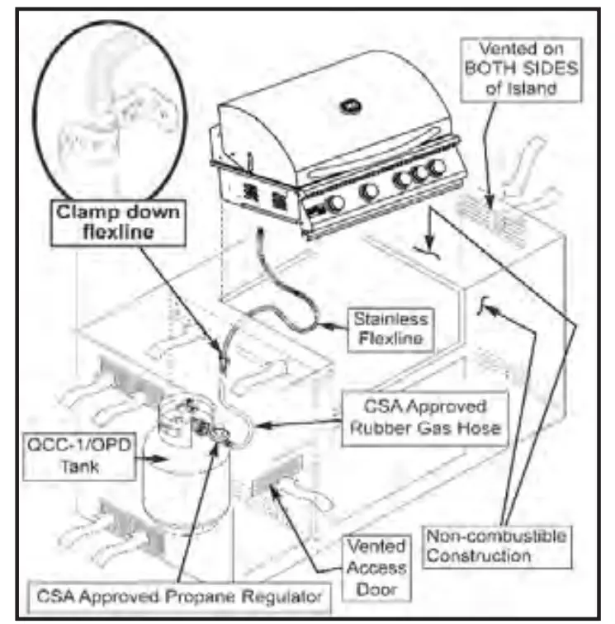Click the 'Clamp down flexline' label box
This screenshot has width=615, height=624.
[x=117, y=220]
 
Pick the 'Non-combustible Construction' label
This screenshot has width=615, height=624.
[x=496, y=546]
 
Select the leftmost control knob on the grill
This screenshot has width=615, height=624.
[x=336, y=204]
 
